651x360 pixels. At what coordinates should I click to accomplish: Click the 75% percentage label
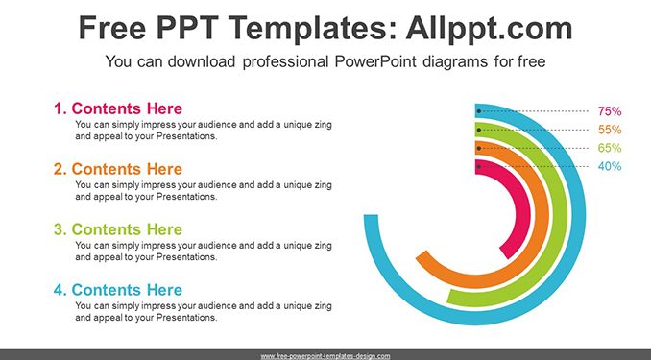[x=610, y=111]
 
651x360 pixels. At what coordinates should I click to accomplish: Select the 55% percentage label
[x=610, y=130]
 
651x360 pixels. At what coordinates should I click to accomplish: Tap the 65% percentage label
[x=610, y=148]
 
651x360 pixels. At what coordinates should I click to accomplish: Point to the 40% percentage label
[x=610, y=166]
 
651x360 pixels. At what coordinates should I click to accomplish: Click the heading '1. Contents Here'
[x=118, y=108]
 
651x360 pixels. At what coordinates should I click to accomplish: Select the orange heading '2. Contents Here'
[x=118, y=169]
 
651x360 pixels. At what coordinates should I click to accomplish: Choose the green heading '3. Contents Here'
[x=118, y=229]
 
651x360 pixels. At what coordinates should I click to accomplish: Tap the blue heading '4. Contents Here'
[x=118, y=290]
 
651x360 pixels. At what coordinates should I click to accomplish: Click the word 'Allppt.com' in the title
[x=489, y=28]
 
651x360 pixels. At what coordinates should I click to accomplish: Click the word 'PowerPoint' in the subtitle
[x=375, y=61]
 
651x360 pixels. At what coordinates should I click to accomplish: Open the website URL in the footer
[x=325, y=356]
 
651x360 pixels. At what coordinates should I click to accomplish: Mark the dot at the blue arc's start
[x=479, y=111]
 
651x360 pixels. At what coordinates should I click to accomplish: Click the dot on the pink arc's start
[x=479, y=166]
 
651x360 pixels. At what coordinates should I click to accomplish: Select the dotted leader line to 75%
[x=535, y=111]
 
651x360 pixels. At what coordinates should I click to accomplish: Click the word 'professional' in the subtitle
[x=286, y=61]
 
